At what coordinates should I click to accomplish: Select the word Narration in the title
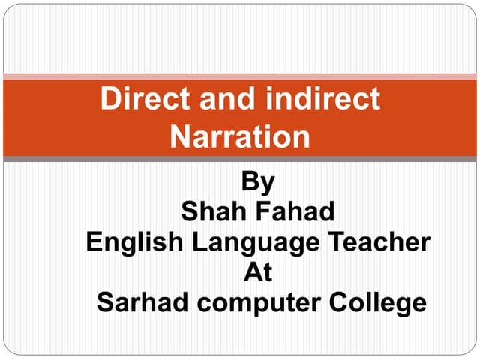click(x=240, y=136)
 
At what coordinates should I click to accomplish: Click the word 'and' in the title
click(x=219, y=100)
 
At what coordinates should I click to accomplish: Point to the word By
click(x=259, y=182)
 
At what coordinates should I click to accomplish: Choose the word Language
click(x=252, y=244)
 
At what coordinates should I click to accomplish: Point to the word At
click(x=259, y=272)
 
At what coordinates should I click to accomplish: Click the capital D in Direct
click(x=109, y=100)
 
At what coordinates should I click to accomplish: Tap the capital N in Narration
click(x=180, y=136)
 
